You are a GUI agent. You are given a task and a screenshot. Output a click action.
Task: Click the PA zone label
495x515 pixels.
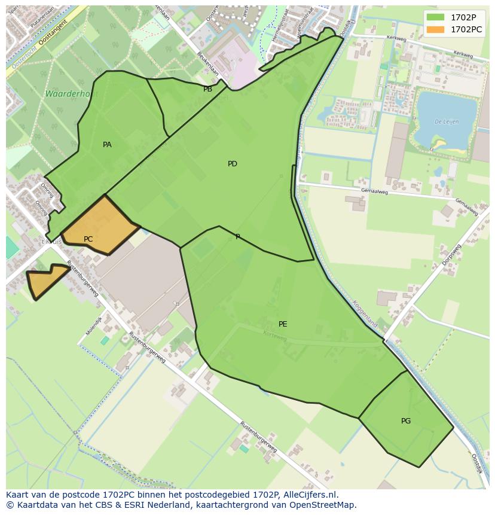pyautogui.click(x=107, y=145)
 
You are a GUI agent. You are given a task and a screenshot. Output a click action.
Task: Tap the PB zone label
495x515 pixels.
pyautogui.click(x=207, y=89)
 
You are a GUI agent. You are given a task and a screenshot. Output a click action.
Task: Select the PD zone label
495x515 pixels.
pyautogui.click(x=233, y=164)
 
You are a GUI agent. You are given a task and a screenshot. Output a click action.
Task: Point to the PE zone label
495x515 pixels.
pyautogui.click(x=283, y=324)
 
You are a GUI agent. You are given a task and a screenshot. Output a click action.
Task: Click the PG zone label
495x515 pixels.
pyautogui.click(x=406, y=421)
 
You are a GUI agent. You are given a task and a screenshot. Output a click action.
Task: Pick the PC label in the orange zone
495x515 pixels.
pyautogui.click(x=88, y=239)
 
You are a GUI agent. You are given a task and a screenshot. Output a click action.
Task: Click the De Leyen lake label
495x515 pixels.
pyautogui.click(x=446, y=121)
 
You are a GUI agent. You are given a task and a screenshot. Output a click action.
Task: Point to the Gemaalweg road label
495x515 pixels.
pyautogui.click(x=375, y=192)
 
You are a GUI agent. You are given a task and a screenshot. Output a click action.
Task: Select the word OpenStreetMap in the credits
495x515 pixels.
pyautogui.click(x=323, y=505)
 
